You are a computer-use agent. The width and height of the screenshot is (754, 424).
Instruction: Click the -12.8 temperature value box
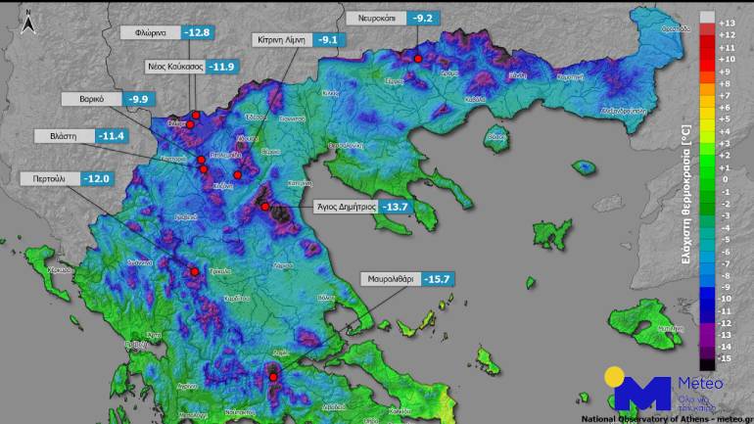point(199,32)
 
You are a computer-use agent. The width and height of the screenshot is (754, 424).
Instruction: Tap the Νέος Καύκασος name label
point(175,67)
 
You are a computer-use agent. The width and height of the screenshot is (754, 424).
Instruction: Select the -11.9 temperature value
point(223,67)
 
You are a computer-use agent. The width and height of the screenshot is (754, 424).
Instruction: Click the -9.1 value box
point(327,40)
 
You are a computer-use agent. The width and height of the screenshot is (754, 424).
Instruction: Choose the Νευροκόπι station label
point(375,18)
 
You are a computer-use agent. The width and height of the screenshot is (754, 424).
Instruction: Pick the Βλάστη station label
point(64,135)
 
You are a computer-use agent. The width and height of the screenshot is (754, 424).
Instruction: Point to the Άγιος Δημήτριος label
point(346,207)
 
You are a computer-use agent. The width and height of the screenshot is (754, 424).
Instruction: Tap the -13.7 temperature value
point(397,207)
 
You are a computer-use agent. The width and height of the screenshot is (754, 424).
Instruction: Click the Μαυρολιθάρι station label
point(392,279)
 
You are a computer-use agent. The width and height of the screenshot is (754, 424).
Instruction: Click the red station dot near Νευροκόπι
point(418,59)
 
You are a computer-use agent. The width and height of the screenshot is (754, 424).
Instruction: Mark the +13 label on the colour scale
point(727,22)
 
